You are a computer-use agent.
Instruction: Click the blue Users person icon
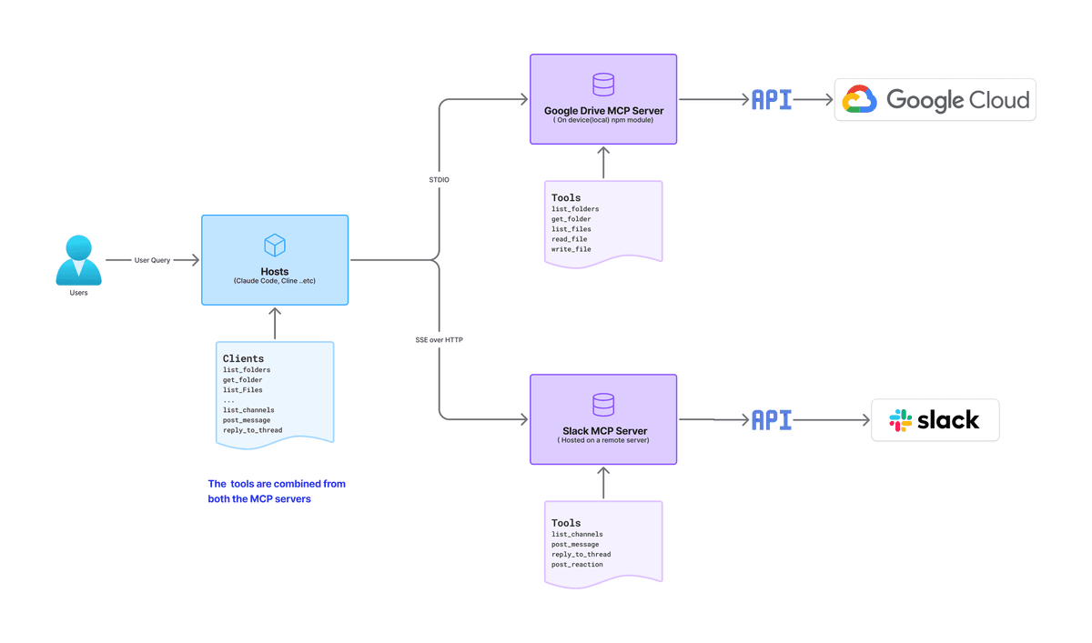(78, 260)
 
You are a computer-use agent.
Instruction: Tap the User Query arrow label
(152, 260)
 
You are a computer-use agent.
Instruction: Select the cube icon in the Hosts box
(275, 245)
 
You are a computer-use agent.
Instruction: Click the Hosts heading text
(275, 271)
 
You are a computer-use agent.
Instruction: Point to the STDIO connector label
(439, 180)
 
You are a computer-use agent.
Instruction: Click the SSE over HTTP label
(439, 340)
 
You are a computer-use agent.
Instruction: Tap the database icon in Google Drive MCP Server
(603, 85)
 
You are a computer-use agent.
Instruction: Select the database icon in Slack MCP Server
(603, 405)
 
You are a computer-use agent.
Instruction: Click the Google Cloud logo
(935, 100)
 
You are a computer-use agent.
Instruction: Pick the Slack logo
(935, 420)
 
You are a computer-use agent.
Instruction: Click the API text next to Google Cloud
(772, 100)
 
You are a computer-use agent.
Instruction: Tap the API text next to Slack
(772, 420)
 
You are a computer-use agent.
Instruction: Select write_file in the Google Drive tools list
(571, 249)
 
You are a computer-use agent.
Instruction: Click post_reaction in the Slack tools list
(577, 564)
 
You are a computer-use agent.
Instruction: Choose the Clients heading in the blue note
(243, 358)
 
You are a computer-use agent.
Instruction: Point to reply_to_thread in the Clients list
(253, 430)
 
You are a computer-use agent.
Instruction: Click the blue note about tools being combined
(277, 491)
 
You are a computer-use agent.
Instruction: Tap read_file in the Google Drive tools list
(569, 239)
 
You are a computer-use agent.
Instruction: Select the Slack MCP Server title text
(604, 430)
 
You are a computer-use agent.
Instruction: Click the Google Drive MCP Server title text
(603, 111)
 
